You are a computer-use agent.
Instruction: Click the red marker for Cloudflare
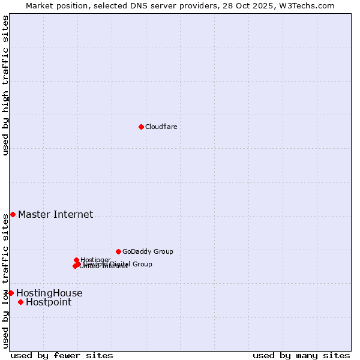(x=141, y=127)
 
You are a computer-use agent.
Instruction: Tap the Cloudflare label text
(x=161, y=127)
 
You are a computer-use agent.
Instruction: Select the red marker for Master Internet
(x=13, y=214)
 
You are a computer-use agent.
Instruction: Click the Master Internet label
(x=55, y=214)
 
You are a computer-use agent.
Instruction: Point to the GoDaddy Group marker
(x=118, y=251)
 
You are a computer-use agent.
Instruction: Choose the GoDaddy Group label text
(x=148, y=251)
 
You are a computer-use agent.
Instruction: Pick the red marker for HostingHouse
(x=11, y=293)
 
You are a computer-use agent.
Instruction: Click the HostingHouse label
(x=49, y=293)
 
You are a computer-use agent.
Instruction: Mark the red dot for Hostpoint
(x=20, y=302)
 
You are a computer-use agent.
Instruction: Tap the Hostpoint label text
(x=48, y=302)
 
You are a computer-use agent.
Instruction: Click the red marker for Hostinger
(x=77, y=260)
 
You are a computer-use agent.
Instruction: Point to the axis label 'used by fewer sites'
(x=62, y=355)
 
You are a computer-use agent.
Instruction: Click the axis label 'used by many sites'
(x=301, y=355)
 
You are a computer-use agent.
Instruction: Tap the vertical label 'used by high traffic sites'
(x=5, y=85)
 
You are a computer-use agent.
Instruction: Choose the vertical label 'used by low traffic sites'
(x=5, y=281)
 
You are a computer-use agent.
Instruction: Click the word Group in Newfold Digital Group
(x=142, y=264)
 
